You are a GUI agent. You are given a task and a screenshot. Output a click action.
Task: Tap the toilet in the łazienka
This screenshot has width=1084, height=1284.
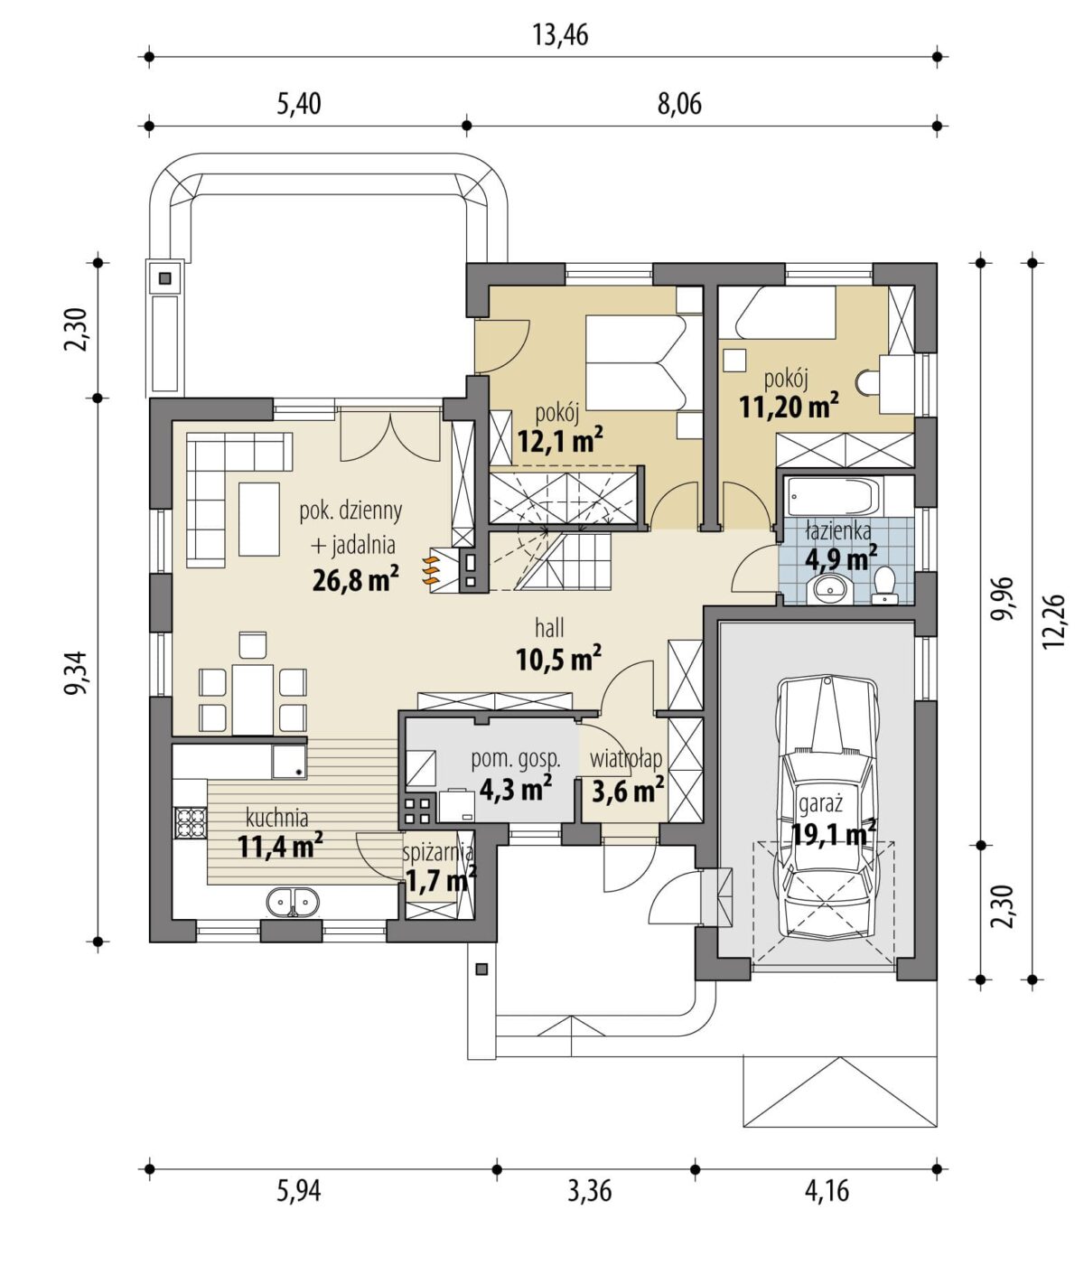[x=884, y=585]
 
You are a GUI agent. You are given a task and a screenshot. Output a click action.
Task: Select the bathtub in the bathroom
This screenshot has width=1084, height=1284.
[x=836, y=497]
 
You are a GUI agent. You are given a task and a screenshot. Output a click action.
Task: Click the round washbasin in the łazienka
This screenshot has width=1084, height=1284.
[x=832, y=588]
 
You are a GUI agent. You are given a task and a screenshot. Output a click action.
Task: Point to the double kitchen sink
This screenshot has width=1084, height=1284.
[x=292, y=902]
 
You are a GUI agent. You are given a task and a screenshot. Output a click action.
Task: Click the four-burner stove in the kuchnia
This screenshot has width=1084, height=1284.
[x=191, y=823]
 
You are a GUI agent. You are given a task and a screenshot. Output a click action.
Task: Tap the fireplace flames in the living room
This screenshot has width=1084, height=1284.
[x=430, y=570]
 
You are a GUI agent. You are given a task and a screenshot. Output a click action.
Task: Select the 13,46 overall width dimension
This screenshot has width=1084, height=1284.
[x=560, y=35]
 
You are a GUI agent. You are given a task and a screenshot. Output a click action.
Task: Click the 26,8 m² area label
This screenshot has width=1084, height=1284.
[x=355, y=578]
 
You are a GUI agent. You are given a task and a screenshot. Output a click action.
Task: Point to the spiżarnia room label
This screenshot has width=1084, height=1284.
[x=438, y=853]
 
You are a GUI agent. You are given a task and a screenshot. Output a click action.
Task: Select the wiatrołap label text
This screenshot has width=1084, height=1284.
[x=626, y=759]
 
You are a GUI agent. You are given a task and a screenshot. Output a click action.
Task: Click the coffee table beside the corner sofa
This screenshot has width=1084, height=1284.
[x=259, y=519]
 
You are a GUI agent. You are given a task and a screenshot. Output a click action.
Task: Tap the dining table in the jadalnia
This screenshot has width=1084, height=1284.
[x=253, y=698]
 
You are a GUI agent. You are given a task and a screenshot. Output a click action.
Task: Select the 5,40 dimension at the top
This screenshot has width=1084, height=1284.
[x=299, y=104]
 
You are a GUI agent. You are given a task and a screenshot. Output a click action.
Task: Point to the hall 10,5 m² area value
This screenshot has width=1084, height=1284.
[x=558, y=660]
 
